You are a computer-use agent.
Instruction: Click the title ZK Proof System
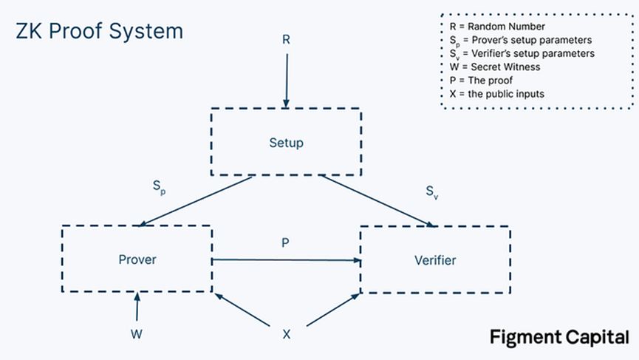[x=99, y=32]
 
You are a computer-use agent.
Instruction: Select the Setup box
[x=286, y=142]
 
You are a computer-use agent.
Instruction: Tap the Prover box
[x=137, y=259]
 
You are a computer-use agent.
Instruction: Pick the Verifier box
[x=435, y=259]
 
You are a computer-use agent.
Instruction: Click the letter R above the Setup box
[x=286, y=40]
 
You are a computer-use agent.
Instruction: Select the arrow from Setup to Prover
[x=196, y=200]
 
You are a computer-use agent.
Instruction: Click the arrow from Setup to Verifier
[x=377, y=200]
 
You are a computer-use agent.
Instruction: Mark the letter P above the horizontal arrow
[x=286, y=242]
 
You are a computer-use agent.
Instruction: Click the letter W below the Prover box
[x=136, y=334]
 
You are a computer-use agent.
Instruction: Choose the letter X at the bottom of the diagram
[x=287, y=334]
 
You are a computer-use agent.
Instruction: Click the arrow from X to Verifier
[x=332, y=309]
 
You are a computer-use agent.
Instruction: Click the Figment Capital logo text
[x=559, y=338]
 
